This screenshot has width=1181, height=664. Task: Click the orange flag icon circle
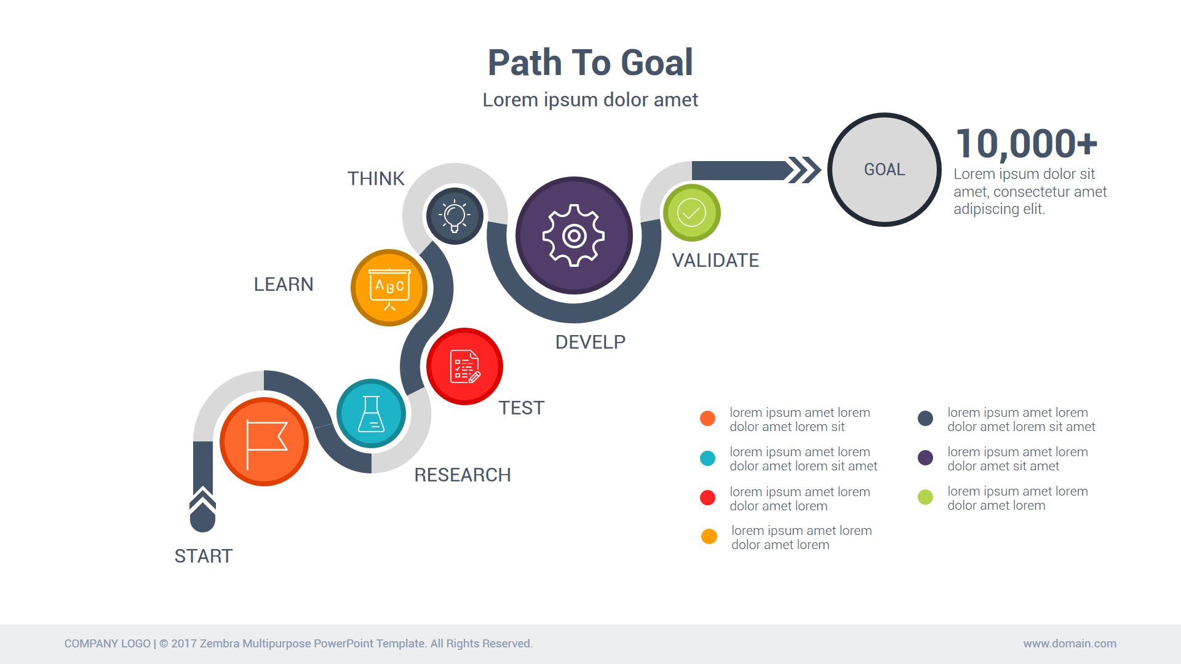tap(264, 441)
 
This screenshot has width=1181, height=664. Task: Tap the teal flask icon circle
tap(371, 413)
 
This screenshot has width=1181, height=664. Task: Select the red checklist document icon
tap(464, 366)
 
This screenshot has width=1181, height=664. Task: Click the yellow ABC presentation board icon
tap(389, 287)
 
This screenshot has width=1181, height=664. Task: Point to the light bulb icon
tap(455, 216)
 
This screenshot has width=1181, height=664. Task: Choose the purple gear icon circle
tap(574, 235)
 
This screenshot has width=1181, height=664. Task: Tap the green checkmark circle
tap(691, 213)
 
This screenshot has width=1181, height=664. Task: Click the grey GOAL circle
tap(885, 170)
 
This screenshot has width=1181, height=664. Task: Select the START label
tap(204, 556)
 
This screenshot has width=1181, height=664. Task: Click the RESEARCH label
tap(463, 475)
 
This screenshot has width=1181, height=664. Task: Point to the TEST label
tap(521, 408)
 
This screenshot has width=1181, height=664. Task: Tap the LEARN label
tap(284, 284)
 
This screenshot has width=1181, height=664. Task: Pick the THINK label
tap(376, 178)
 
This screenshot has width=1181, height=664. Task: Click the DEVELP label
tap(590, 342)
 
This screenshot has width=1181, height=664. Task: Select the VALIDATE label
tap(715, 260)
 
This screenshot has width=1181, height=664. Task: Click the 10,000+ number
tap(1026, 143)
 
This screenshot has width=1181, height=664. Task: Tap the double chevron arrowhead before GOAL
tap(805, 170)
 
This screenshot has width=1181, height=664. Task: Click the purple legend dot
tap(925, 457)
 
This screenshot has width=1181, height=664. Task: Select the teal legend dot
tap(707, 458)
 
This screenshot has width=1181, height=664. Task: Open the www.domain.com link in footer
tap(1070, 643)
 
